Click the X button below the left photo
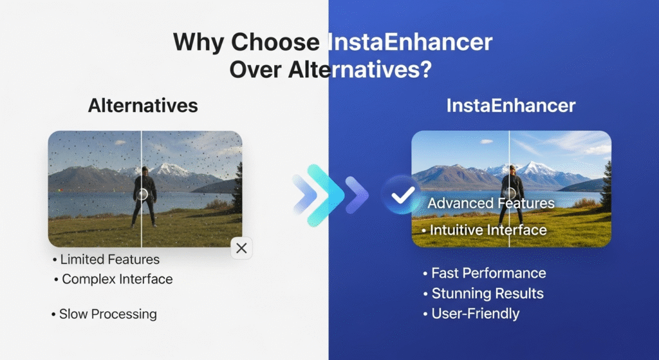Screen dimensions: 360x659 point(241,249)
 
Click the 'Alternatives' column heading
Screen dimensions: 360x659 point(143,106)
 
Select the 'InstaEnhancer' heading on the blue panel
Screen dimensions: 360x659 point(511,106)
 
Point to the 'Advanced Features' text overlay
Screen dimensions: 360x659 point(491,204)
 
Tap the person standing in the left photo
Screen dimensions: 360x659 point(144,196)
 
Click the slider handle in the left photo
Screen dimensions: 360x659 point(142,194)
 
